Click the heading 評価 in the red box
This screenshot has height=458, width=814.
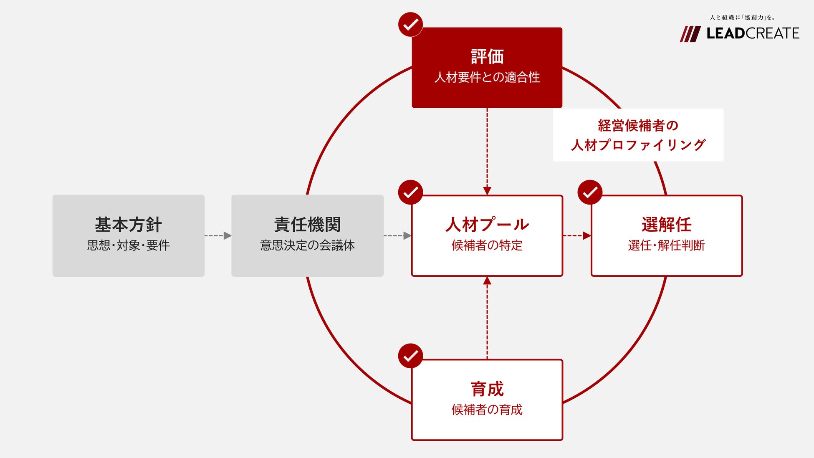coord(487,57)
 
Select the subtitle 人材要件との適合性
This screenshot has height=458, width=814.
coord(487,78)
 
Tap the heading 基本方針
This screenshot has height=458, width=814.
coord(128,225)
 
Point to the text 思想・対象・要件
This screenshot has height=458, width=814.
coord(128,245)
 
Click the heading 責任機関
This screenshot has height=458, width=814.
coord(307,225)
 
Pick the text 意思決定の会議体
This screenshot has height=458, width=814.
coord(307,245)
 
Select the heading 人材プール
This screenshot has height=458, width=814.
coord(487,225)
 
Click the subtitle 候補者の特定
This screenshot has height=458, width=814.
coord(487,245)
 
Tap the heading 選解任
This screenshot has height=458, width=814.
coord(666,225)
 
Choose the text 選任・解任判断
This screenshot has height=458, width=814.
coord(666,245)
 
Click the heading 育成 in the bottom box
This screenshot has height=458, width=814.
coord(487,389)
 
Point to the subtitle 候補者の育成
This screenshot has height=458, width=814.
coord(487,410)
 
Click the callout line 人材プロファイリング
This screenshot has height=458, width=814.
coord(638,145)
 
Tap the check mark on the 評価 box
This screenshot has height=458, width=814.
coord(411,25)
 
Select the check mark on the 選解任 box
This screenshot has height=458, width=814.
coord(590,192)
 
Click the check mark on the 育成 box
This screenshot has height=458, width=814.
coord(411,356)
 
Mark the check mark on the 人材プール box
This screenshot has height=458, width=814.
coord(411,192)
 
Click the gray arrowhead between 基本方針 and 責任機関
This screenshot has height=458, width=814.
coord(228,236)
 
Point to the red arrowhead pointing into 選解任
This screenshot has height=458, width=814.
coord(586,236)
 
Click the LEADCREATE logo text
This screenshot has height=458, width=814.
coord(753,33)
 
